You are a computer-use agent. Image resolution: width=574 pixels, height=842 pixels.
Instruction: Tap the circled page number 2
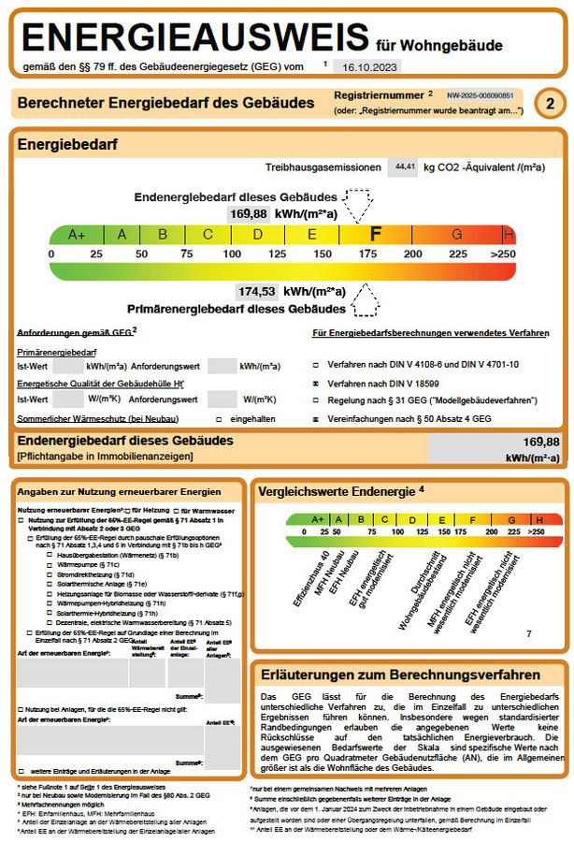552,104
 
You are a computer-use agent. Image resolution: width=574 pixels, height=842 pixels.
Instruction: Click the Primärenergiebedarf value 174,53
256,292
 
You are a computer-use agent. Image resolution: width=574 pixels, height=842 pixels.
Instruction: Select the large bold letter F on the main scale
376,234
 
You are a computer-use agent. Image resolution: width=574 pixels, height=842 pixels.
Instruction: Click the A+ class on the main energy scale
77,235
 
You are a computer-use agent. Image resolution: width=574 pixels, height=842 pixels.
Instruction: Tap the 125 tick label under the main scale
277,254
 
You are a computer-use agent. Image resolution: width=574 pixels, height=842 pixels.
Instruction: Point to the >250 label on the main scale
502,254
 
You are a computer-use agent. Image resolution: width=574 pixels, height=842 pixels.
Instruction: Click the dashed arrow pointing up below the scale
364,300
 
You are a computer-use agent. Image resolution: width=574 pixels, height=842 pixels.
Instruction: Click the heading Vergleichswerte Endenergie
340,489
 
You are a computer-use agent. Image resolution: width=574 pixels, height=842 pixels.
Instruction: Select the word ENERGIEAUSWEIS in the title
195,36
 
